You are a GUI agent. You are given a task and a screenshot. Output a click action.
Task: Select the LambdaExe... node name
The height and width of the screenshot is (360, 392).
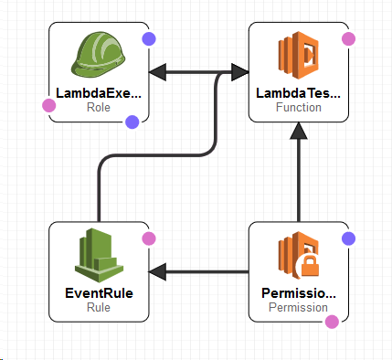(x=99, y=93)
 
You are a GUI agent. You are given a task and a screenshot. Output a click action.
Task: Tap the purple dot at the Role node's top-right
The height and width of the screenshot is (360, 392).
(x=149, y=38)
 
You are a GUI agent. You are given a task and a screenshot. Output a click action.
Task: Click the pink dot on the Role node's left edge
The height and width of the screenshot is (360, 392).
(x=49, y=105)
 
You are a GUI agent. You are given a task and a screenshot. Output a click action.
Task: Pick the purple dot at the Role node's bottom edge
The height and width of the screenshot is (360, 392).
(x=132, y=121)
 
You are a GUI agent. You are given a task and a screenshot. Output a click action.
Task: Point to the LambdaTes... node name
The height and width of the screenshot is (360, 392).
(x=299, y=93)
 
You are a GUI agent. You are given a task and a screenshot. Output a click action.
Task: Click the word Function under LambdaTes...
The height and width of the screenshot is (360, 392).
(x=299, y=107)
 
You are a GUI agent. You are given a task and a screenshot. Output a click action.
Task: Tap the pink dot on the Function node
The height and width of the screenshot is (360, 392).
(x=347, y=38)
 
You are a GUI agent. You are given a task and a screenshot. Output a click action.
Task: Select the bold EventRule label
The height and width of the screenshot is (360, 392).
(x=98, y=293)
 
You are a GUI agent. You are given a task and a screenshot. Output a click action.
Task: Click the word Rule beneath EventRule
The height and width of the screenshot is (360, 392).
(x=98, y=307)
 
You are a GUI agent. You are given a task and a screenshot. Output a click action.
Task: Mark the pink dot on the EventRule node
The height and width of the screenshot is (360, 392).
(x=149, y=238)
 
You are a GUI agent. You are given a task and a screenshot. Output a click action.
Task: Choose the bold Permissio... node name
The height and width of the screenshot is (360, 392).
(x=299, y=293)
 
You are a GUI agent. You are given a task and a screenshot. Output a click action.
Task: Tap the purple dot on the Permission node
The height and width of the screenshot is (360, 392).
(x=347, y=238)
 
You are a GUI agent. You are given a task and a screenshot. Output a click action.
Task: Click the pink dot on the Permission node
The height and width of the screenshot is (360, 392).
(x=332, y=321)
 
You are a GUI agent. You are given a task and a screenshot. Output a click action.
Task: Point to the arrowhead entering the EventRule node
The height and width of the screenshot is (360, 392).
(x=156, y=271)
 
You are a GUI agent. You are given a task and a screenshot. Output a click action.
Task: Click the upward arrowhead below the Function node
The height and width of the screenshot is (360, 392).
(x=299, y=131)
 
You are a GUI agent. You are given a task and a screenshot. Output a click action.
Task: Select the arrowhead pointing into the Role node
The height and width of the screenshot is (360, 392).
(x=156, y=72)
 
